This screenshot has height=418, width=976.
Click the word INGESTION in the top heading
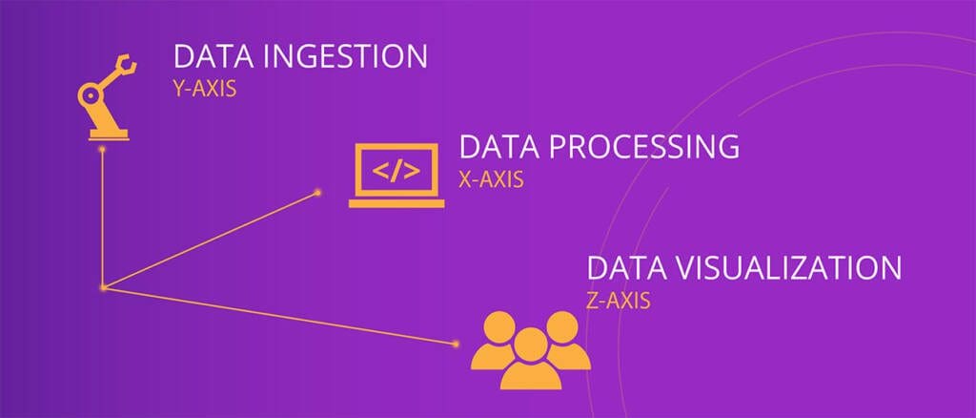click(x=345, y=56)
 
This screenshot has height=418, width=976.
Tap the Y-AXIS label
click(x=205, y=89)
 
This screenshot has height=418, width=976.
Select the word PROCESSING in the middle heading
click(x=644, y=147)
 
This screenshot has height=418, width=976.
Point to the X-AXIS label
click(x=491, y=179)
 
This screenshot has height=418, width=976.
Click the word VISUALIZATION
click(x=788, y=268)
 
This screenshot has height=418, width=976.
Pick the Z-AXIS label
click(x=618, y=301)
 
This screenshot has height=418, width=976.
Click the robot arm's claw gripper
click(x=127, y=64)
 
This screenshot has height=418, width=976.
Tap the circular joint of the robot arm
click(x=91, y=96)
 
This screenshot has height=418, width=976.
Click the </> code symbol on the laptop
click(x=396, y=171)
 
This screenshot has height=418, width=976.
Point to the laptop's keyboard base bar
click(x=396, y=203)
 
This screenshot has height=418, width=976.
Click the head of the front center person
click(x=531, y=344)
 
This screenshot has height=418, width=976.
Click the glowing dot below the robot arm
click(x=102, y=150)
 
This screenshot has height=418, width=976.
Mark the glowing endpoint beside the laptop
click(x=317, y=193)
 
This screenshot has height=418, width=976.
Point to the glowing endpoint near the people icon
click(x=456, y=344)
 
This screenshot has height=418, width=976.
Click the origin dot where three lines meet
click(x=103, y=287)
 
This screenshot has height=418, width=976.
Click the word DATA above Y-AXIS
click(x=213, y=56)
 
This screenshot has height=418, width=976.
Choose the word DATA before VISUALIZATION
click(x=627, y=268)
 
